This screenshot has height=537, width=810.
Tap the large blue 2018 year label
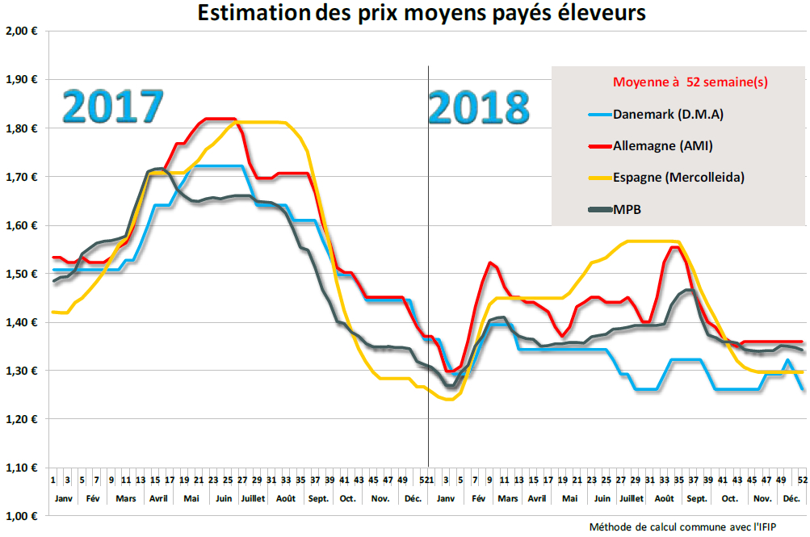click(479, 106)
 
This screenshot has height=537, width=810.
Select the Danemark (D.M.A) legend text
click(668, 114)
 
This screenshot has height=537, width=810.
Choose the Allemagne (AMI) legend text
click(662, 145)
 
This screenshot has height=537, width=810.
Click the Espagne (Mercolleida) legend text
click(678, 177)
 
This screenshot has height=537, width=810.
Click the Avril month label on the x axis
click(158, 498)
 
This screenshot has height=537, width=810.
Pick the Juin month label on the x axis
click(224, 498)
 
